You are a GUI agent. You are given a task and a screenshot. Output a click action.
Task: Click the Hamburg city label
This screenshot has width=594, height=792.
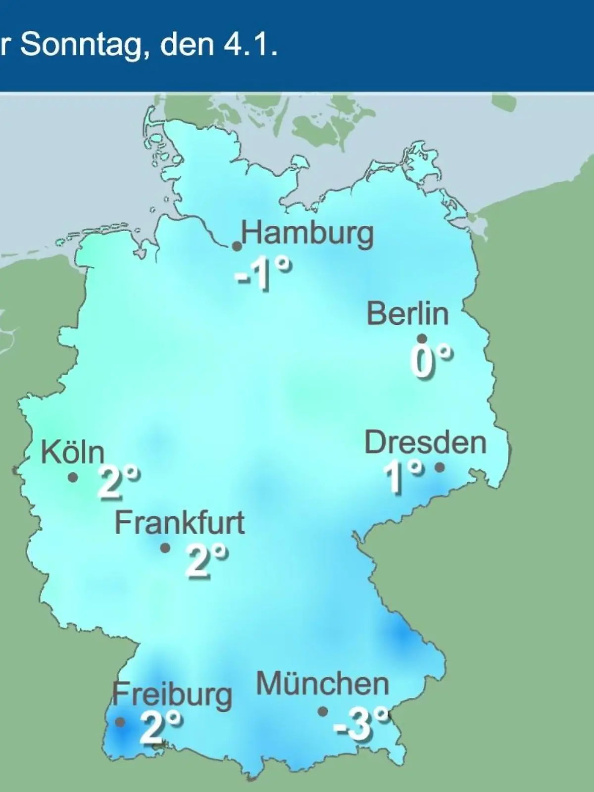pyautogui.click(x=307, y=234)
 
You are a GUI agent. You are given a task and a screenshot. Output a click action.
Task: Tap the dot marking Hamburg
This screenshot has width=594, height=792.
pyautogui.click(x=237, y=246)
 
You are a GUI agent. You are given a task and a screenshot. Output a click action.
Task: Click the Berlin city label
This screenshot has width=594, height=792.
pyautogui.click(x=407, y=314)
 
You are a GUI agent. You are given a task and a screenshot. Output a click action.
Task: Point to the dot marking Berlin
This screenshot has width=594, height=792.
pyautogui.click(x=422, y=339)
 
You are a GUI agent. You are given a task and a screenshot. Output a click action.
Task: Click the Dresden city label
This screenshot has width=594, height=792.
pyautogui.click(x=425, y=443)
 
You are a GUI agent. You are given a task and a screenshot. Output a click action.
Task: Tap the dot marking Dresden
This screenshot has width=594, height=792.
pyautogui.click(x=439, y=467)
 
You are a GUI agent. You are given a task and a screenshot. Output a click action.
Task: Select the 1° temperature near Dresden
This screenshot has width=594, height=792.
pyautogui.click(x=403, y=476)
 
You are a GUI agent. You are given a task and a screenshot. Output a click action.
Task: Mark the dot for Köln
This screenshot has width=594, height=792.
pyautogui.click(x=73, y=477)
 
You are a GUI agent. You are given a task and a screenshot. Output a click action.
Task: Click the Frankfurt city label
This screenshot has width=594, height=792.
pyautogui.click(x=180, y=523)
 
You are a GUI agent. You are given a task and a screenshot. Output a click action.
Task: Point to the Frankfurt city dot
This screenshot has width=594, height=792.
pyautogui.click(x=165, y=548)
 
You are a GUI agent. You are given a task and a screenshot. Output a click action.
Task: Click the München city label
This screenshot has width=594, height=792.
pyautogui.click(x=322, y=685)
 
